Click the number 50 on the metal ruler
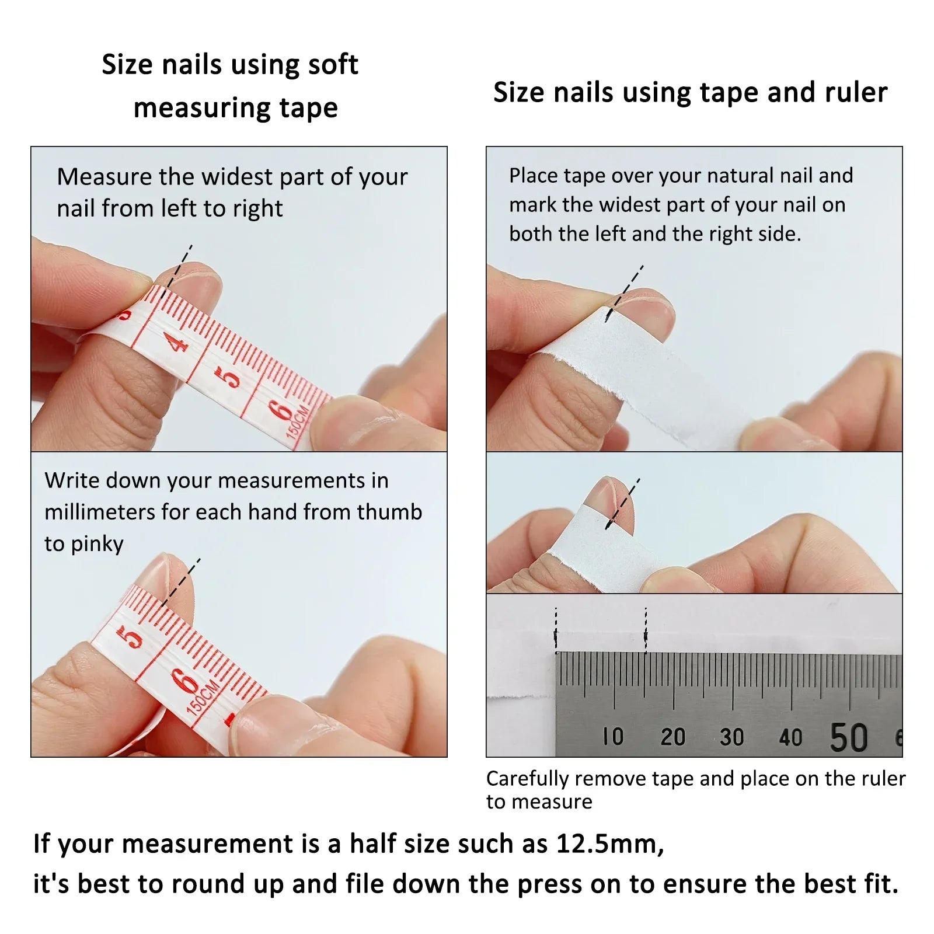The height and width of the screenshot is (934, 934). point(849,737)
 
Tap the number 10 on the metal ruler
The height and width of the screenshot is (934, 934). point(613,737)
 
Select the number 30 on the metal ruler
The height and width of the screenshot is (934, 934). point(731,737)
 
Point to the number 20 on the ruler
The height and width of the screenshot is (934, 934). point(672,737)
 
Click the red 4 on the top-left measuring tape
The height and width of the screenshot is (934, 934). point(177,341)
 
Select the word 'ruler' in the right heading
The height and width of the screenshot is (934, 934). point(856,92)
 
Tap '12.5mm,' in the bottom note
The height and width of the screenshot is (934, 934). point(610,844)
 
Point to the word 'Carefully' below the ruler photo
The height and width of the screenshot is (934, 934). point(528,779)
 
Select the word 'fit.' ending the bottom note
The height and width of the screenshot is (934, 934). point(880,884)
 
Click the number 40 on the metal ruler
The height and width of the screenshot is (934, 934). point(790,737)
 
